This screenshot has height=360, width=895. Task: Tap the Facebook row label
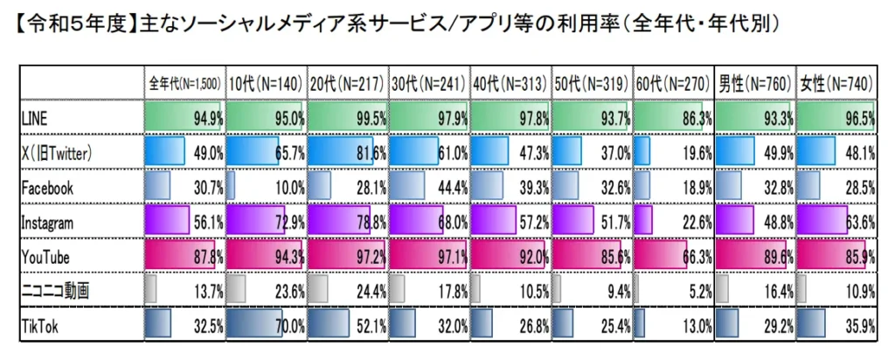47,187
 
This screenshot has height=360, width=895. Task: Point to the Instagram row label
51,222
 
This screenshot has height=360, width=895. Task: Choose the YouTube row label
45,257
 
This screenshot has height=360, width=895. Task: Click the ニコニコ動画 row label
55,292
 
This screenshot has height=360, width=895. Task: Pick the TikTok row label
40,328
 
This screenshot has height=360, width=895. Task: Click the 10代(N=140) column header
266,84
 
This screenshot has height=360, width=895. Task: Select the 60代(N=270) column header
673,84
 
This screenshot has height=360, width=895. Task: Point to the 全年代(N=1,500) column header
184,84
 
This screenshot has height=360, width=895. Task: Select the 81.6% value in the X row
370,151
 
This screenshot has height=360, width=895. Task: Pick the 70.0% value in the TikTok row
288,328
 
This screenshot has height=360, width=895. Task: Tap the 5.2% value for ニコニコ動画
697,292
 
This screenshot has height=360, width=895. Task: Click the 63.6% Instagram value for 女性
860,222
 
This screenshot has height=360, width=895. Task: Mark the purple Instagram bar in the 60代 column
643,221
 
